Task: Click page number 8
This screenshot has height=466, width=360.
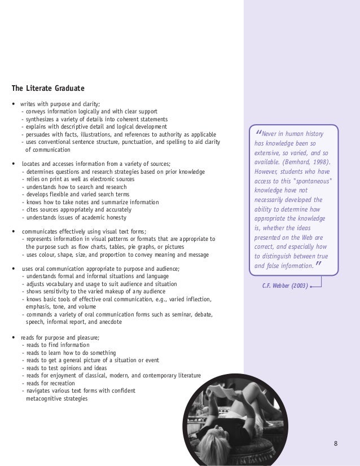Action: click(336, 442)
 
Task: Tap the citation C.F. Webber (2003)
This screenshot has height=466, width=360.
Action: click(285, 285)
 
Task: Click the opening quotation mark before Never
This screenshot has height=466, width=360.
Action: click(258, 134)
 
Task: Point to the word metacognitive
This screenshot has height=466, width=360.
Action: click(45, 399)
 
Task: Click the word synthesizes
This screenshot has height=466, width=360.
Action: click(39, 120)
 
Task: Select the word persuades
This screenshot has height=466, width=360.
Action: click(37, 135)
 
